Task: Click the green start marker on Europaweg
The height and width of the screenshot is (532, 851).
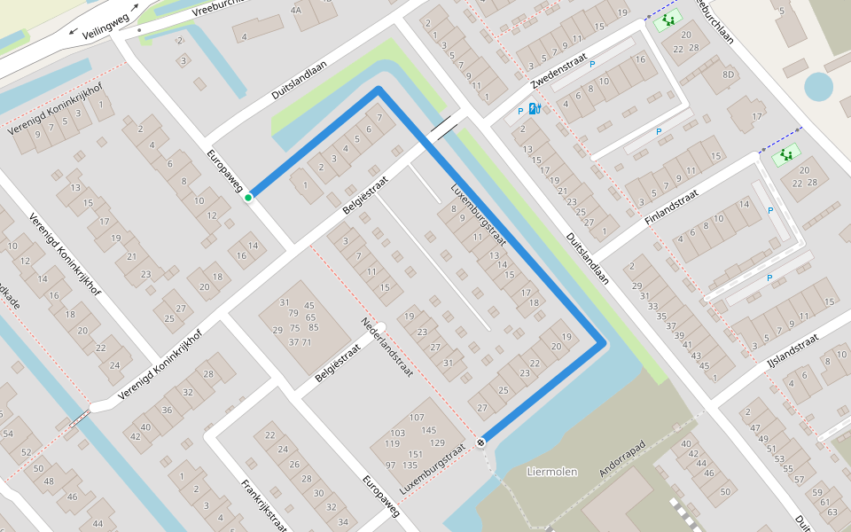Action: pyautogui.click(x=249, y=197)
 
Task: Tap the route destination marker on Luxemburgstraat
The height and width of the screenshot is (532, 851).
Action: pyautogui.click(x=480, y=441)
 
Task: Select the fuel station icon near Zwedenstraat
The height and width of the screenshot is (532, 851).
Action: pyautogui.click(x=534, y=109)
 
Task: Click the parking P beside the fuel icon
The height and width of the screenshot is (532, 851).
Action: pyautogui.click(x=520, y=112)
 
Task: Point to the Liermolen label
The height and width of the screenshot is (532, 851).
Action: pyautogui.click(x=551, y=472)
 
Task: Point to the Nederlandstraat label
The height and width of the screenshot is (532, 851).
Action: pyautogui.click(x=388, y=348)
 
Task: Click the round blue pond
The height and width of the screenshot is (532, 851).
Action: pyautogui.click(x=818, y=87)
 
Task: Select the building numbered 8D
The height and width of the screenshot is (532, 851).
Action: pyautogui.click(x=729, y=74)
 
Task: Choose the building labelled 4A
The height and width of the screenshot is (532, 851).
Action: pyautogui.click(x=296, y=11)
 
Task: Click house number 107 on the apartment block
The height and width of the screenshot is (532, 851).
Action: pyautogui.click(x=417, y=417)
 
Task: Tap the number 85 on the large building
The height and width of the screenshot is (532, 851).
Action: pyautogui.click(x=313, y=328)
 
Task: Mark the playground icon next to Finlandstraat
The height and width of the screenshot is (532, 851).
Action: pyautogui.click(x=785, y=156)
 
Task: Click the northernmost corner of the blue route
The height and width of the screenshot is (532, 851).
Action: pyautogui.click(x=379, y=90)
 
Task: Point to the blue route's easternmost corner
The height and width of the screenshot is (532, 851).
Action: pyautogui.click(x=604, y=342)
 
